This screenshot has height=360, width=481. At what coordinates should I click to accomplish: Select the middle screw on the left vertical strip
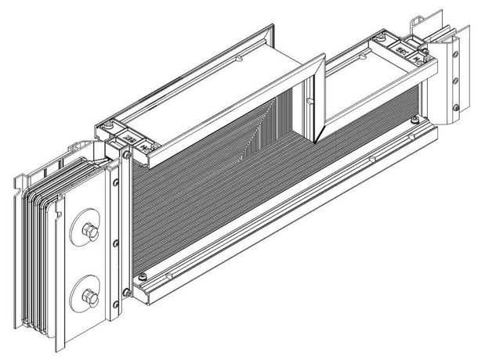point(114,241)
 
